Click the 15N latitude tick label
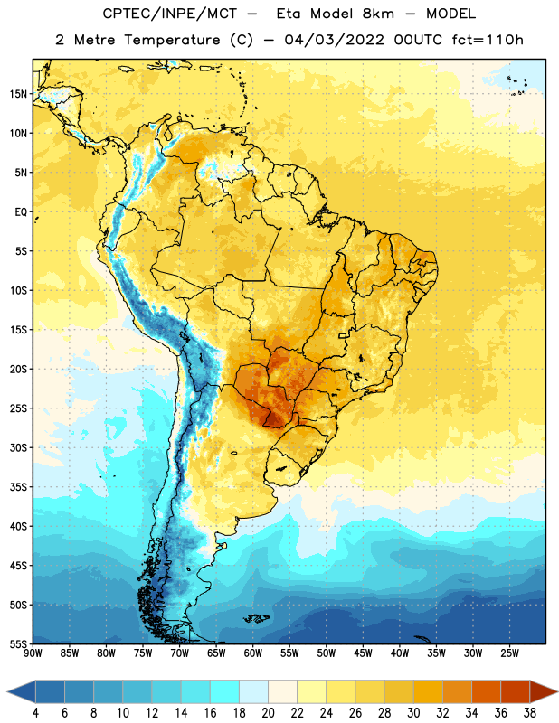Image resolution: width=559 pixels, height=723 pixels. click(18, 94)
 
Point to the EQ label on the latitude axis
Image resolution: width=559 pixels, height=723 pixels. click(21, 212)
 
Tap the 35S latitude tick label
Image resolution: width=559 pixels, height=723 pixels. click(18, 487)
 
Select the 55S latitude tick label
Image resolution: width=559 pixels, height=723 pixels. click(18, 644)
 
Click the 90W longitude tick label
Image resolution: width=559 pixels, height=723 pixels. click(33, 653)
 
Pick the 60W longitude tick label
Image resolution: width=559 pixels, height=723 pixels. click(253, 653)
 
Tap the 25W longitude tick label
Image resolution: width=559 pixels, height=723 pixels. click(509, 653)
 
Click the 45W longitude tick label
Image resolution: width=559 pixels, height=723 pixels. click(363, 653)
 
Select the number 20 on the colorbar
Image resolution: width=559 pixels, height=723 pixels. click(268, 713)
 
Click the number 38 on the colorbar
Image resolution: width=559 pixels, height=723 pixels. click(530, 713)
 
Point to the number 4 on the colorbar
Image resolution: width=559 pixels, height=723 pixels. click(35, 713)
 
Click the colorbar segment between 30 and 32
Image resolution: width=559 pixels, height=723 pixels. click(429, 691)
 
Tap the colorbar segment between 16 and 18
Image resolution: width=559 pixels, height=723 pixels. click(225, 691)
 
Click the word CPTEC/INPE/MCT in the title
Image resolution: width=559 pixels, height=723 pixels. click(170, 14)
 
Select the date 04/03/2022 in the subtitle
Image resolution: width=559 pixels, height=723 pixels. click(334, 40)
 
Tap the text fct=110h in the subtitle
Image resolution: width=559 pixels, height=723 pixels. click(488, 40)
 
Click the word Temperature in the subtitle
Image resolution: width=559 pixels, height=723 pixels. click(172, 41)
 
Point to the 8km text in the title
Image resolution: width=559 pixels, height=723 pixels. click(378, 14)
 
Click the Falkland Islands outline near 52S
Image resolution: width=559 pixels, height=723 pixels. click(257, 618)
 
